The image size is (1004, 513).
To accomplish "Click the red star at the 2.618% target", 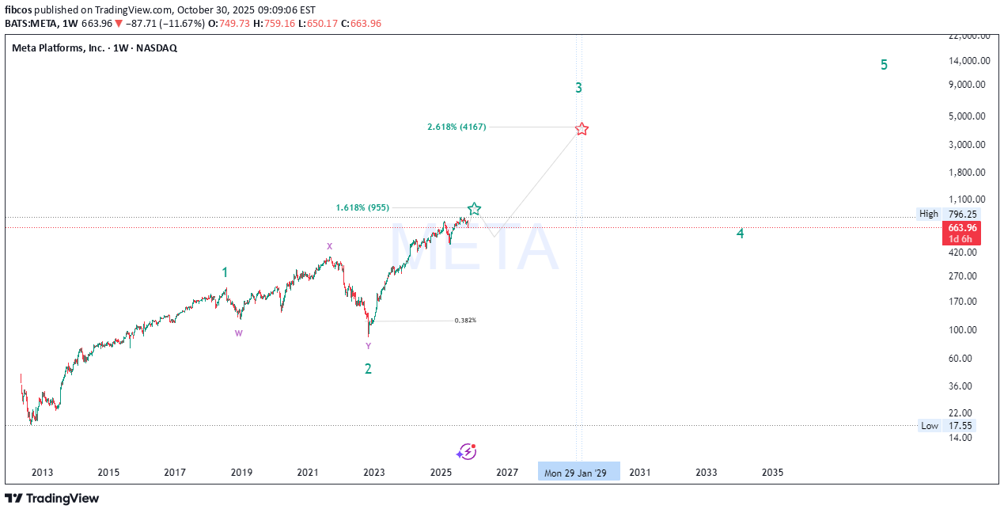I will [x=582, y=129].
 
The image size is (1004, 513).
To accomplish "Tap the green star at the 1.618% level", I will [x=474, y=209].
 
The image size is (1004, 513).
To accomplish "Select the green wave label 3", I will [x=579, y=88].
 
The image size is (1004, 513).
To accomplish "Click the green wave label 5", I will [x=884, y=65].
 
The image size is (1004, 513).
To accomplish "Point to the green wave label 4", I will [x=740, y=234].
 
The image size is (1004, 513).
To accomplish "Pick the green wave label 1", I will [x=225, y=272].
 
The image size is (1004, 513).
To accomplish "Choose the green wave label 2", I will [x=368, y=368].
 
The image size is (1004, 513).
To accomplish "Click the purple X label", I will [x=329, y=246].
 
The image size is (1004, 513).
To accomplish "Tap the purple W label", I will [x=238, y=333].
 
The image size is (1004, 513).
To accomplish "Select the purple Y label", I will [x=368, y=346].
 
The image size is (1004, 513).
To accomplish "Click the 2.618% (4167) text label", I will [x=457, y=127].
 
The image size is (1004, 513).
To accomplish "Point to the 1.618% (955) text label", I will [x=362, y=207].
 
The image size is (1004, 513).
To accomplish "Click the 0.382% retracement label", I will [x=465, y=321].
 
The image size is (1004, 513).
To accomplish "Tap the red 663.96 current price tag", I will [x=963, y=228].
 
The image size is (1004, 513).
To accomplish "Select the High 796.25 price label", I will [x=946, y=214].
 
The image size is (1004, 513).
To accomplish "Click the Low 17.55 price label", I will [x=946, y=426].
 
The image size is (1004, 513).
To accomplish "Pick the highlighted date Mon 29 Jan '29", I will [x=579, y=473].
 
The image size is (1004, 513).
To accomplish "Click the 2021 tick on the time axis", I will [x=308, y=473].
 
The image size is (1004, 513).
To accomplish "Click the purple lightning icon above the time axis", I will [x=467, y=451].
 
